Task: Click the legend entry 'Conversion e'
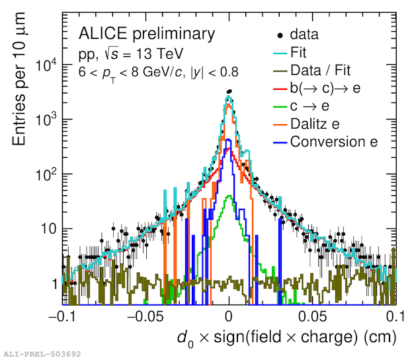[333, 141]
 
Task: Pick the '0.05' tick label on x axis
[312, 315]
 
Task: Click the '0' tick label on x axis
[229, 315]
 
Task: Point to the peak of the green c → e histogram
[229, 196]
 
